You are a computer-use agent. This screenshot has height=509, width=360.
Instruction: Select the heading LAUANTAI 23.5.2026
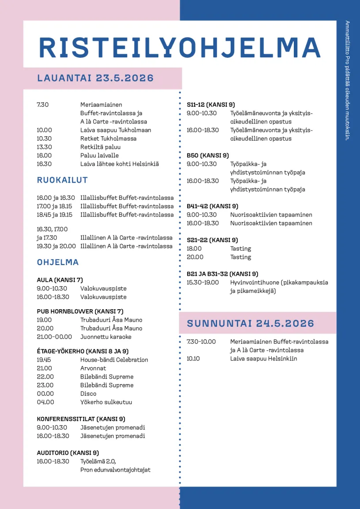pos(95,79)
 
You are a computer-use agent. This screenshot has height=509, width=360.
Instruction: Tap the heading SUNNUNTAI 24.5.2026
pos(250,323)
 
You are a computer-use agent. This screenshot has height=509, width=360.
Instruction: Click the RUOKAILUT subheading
pos(62,180)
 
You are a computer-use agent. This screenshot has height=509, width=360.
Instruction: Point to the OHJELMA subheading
pos(58,262)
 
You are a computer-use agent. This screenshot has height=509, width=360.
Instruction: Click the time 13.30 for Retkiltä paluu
pos(44,147)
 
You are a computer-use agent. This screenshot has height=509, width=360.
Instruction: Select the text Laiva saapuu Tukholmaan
pos(116,130)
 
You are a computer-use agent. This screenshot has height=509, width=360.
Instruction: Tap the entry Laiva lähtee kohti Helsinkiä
pos(119,164)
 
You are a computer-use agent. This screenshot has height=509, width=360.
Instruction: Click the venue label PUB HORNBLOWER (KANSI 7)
pos(80,311)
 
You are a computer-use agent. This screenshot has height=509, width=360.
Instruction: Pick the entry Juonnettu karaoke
pos(105,337)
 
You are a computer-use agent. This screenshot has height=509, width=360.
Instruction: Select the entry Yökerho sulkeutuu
pos(106,402)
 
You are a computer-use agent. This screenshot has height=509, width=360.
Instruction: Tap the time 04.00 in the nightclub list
pos(45,402)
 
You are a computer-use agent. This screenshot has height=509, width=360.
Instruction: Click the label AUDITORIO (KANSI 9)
pos(67,453)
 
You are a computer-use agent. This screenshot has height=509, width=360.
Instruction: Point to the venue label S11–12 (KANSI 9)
pos(210,105)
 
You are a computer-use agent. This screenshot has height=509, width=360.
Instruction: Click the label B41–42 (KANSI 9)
pos(212,206)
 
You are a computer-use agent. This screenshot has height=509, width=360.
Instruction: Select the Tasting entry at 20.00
pos(240,257)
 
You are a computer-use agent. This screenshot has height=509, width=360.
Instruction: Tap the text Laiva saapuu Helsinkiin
pos(263,358)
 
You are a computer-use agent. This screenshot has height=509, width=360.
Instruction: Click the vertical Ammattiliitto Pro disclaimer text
pos(347,80)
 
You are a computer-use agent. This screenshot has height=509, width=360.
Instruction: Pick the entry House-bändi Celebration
pos(114,360)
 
